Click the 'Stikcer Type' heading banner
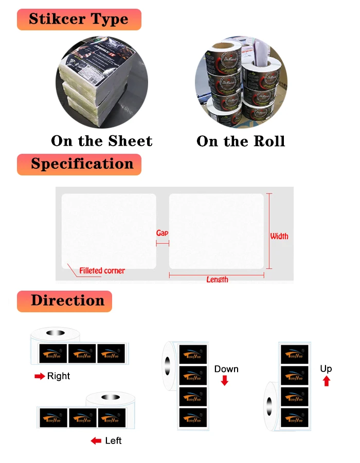(79, 20)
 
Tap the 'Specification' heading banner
(79, 164)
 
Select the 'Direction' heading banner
(64, 301)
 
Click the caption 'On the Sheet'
(102, 141)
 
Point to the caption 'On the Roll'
(241, 141)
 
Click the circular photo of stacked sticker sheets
(102, 82)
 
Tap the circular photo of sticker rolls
(241, 82)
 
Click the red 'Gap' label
(162, 233)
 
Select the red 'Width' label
(279, 236)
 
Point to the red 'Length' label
(217, 279)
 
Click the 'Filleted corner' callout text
(102, 271)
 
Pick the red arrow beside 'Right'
(40, 377)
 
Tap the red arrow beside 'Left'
(96, 441)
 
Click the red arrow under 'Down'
(224, 381)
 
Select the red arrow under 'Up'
(326, 381)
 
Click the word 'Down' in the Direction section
(226, 369)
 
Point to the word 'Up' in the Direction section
(326, 369)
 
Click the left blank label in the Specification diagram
(109, 230)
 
